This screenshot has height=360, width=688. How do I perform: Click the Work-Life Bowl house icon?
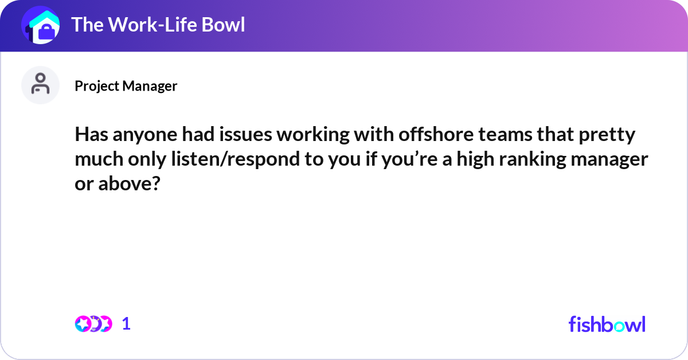click(41, 25)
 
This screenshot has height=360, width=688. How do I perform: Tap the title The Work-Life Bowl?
click(158, 25)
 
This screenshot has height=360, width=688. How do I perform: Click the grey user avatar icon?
click(41, 85)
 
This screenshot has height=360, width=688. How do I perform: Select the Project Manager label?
click(126, 86)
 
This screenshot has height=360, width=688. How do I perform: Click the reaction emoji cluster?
click(93, 324)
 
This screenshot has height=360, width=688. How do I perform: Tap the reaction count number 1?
click(126, 324)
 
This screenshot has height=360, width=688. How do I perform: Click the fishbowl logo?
click(607, 324)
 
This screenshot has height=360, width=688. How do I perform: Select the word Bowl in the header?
click(222, 25)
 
